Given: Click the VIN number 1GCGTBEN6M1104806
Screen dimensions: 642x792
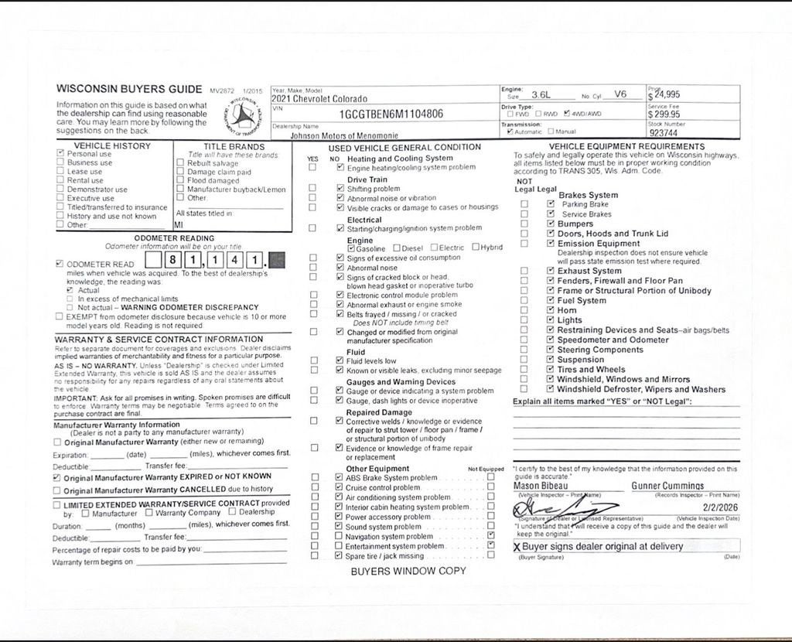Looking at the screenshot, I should [x=391, y=114].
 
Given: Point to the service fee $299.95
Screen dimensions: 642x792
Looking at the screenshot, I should [x=664, y=114].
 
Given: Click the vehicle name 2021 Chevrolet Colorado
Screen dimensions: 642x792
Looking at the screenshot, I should [x=319, y=99].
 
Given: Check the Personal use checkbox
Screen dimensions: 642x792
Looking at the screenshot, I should [x=60, y=154].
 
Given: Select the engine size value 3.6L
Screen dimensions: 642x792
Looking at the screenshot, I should [x=541, y=94].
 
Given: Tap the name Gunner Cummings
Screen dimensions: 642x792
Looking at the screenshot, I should [x=667, y=486].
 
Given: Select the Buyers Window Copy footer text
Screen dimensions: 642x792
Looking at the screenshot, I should [x=408, y=572].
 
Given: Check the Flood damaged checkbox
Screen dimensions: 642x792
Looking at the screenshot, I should [x=180, y=181].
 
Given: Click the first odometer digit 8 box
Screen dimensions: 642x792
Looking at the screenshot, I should [x=176, y=261].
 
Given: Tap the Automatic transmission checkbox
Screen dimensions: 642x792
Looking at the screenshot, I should [x=509, y=131].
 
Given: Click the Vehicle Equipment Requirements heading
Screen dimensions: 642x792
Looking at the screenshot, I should [x=626, y=146].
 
